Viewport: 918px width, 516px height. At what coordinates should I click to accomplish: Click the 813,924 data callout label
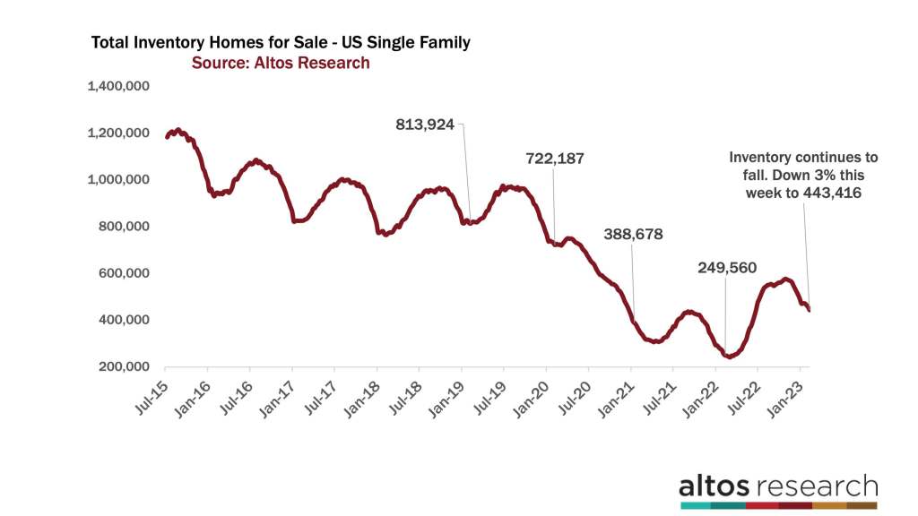[x=425, y=125]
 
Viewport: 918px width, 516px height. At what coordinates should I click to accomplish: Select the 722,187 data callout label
[x=555, y=159]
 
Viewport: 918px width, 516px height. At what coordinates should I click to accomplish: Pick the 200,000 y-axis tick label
[x=124, y=366]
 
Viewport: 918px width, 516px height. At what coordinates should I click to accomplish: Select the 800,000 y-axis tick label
[x=124, y=227]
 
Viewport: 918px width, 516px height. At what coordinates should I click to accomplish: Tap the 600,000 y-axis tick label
[x=124, y=273]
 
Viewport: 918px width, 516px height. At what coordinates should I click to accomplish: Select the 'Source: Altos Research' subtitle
[x=281, y=63]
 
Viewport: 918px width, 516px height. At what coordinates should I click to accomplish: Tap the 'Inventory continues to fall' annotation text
[x=803, y=156]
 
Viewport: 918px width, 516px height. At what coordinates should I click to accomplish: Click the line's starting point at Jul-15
[x=167, y=137]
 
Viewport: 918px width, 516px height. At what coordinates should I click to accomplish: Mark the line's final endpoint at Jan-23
[x=809, y=310]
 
